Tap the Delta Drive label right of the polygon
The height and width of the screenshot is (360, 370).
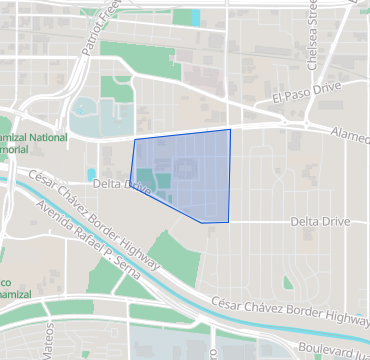click(x=320, y=220)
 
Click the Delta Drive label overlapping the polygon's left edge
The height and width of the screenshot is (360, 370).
click(x=120, y=185)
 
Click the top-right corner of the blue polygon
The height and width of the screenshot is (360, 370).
click(x=230, y=129)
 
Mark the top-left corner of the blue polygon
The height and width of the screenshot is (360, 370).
click(x=134, y=140)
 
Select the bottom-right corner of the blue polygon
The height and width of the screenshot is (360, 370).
click(x=229, y=222)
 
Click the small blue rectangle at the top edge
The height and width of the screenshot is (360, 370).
click(x=195, y=17)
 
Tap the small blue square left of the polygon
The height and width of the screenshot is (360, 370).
click(x=92, y=174)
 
